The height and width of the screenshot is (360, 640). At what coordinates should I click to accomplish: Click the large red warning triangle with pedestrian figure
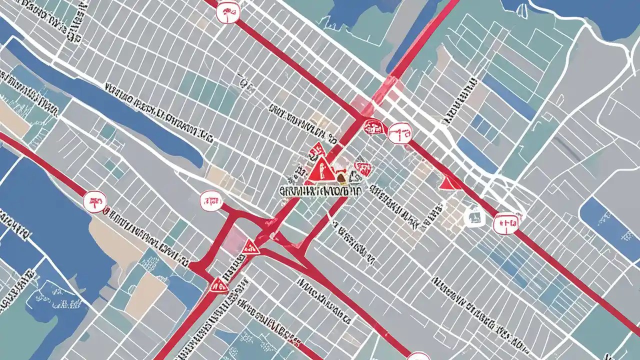click(x=322, y=168)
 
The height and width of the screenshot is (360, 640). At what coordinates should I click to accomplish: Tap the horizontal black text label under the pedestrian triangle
click(x=314, y=190)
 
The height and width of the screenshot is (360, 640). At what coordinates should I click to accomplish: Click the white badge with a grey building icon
click(x=473, y=215)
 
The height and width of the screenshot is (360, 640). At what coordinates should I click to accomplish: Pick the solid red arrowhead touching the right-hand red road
click(x=448, y=183)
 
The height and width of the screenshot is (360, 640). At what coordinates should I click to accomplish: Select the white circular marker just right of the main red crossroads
click(x=401, y=133)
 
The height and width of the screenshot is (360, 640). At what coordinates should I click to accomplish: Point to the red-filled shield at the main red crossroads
click(x=372, y=126)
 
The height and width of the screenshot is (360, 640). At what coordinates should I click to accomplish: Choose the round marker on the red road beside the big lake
click(x=95, y=201)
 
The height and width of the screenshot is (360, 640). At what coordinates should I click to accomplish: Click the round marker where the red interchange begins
click(x=210, y=201)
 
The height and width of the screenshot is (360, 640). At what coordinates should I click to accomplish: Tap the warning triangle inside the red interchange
click(x=249, y=246)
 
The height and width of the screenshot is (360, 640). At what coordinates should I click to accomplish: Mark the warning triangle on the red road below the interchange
click(x=218, y=285)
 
